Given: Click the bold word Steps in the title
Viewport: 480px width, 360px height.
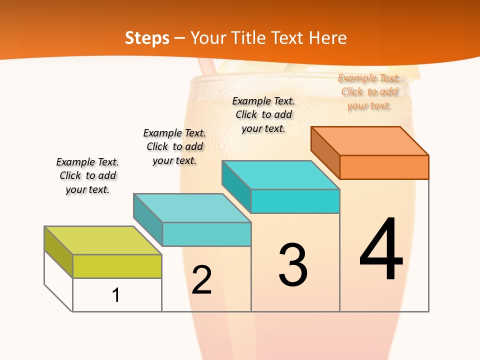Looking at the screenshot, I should [x=147, y=38].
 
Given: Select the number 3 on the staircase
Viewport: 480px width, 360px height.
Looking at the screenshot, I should [x=293, y=264].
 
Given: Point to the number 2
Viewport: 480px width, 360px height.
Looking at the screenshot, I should [x=201, y=280].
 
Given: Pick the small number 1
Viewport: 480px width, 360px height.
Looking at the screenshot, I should [x=116, y=295].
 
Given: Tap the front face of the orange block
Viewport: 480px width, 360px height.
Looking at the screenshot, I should [x=384, y=167].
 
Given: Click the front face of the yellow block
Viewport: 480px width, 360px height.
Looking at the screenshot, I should [x=117, y=266].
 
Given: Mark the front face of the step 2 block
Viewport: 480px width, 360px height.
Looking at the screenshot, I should [x=206, y=234].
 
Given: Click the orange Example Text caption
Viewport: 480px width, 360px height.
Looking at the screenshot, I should [x=369, y=92].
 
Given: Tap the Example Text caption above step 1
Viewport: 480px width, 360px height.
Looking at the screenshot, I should [x=87, y=175].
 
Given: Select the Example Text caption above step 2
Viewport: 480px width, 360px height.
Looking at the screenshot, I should [x=174, y=146].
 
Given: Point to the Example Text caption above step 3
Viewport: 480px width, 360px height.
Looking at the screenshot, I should [x=263, y=114].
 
